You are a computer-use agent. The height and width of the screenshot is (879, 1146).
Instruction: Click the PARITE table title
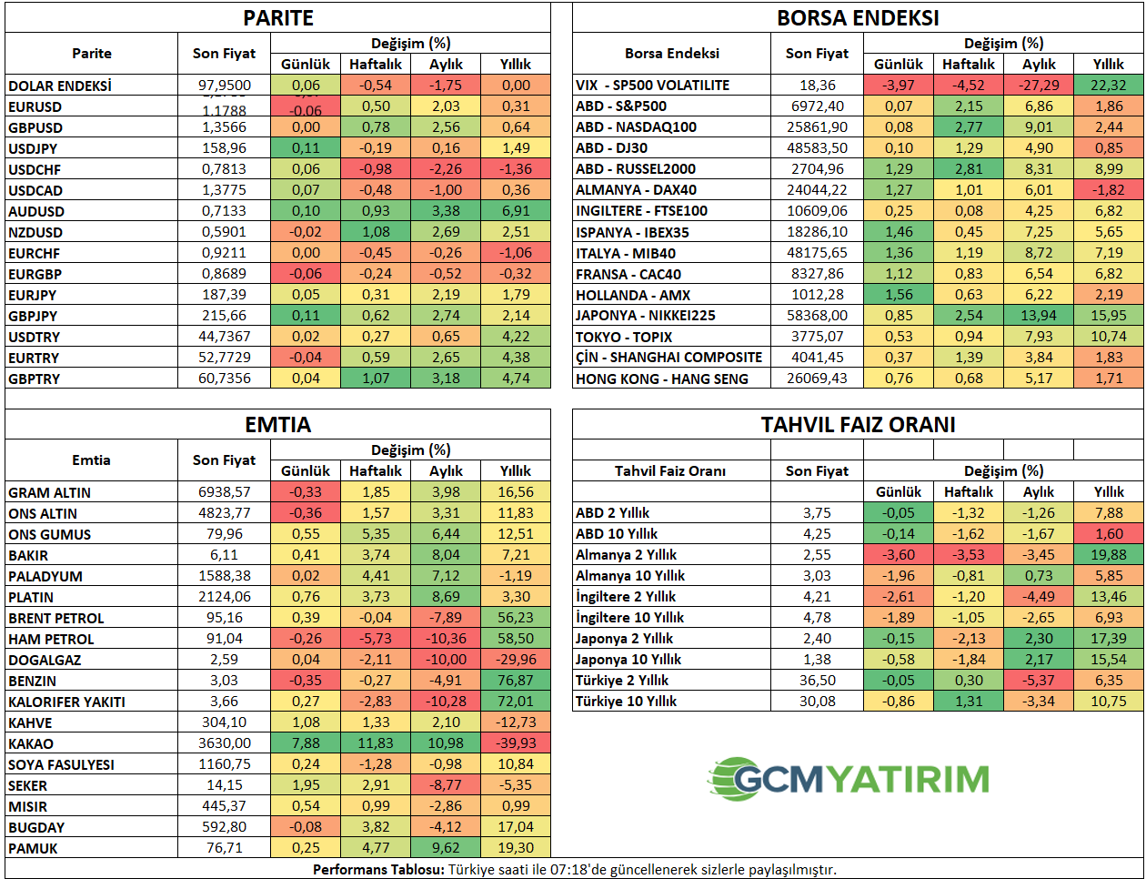278,18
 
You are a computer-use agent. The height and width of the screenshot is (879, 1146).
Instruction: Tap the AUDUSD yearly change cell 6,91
516,211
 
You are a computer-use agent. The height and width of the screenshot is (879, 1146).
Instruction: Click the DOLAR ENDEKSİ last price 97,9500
225,86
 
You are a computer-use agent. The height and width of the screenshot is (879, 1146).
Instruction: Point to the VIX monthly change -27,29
1039,86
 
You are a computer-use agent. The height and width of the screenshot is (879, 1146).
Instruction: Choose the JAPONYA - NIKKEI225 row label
646,316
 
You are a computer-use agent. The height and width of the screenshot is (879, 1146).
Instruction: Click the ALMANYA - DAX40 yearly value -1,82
1109,190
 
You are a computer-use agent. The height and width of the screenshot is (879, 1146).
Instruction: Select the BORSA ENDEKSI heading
858,18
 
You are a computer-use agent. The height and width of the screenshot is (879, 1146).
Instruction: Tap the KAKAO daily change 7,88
306,743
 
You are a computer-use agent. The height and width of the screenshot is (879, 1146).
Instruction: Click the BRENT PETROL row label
56,619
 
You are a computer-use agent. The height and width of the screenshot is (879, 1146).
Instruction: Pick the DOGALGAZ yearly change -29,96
516,660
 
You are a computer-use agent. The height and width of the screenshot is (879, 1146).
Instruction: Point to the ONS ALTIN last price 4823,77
225,513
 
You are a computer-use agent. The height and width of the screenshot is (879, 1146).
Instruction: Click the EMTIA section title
278,425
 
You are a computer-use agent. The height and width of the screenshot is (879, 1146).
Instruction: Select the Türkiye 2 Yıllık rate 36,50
817,681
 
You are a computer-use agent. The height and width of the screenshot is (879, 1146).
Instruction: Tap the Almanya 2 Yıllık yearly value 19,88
1109,555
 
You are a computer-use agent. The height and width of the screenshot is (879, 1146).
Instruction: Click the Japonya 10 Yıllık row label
628,660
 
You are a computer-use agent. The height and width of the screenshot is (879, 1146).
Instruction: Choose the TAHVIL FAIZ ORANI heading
858,425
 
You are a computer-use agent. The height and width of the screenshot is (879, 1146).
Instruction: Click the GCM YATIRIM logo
849,780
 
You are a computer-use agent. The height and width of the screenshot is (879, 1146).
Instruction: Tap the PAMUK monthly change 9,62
446,848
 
